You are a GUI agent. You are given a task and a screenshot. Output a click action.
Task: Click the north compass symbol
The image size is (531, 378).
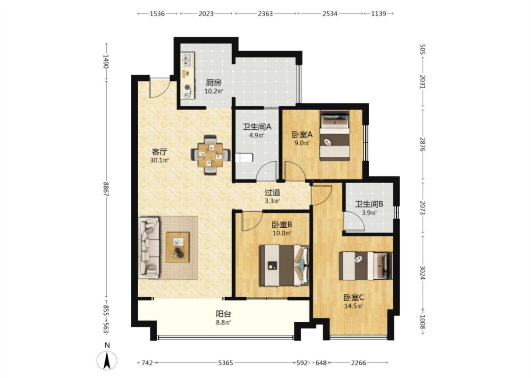(107, 360)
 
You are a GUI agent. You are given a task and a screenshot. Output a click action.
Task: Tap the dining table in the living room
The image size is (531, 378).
(211, 155)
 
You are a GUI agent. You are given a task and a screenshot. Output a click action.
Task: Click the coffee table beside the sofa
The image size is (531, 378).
(177, 247)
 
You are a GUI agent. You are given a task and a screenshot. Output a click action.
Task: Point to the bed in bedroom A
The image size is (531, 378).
(335, 136)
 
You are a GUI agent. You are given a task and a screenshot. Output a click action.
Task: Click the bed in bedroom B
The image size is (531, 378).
(284, 265)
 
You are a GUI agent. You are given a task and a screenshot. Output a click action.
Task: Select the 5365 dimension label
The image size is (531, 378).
(225, 363)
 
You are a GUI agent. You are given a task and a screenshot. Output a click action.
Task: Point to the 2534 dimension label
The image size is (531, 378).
(330, 14)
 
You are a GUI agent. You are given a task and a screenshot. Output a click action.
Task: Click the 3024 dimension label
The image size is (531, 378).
(422, 272)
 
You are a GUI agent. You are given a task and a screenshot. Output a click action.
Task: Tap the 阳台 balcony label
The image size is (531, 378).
(224, 314)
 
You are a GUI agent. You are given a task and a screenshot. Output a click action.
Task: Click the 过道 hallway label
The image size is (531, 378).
(272, 193)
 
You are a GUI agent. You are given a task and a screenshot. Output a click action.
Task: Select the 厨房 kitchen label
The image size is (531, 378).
(214, 82)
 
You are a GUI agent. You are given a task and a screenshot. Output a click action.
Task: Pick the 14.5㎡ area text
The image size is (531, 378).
(354, 306)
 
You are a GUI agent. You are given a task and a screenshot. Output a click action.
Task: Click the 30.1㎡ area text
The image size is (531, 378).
(160, 160)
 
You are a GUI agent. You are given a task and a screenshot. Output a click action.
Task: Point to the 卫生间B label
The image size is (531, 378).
(369, 204)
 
